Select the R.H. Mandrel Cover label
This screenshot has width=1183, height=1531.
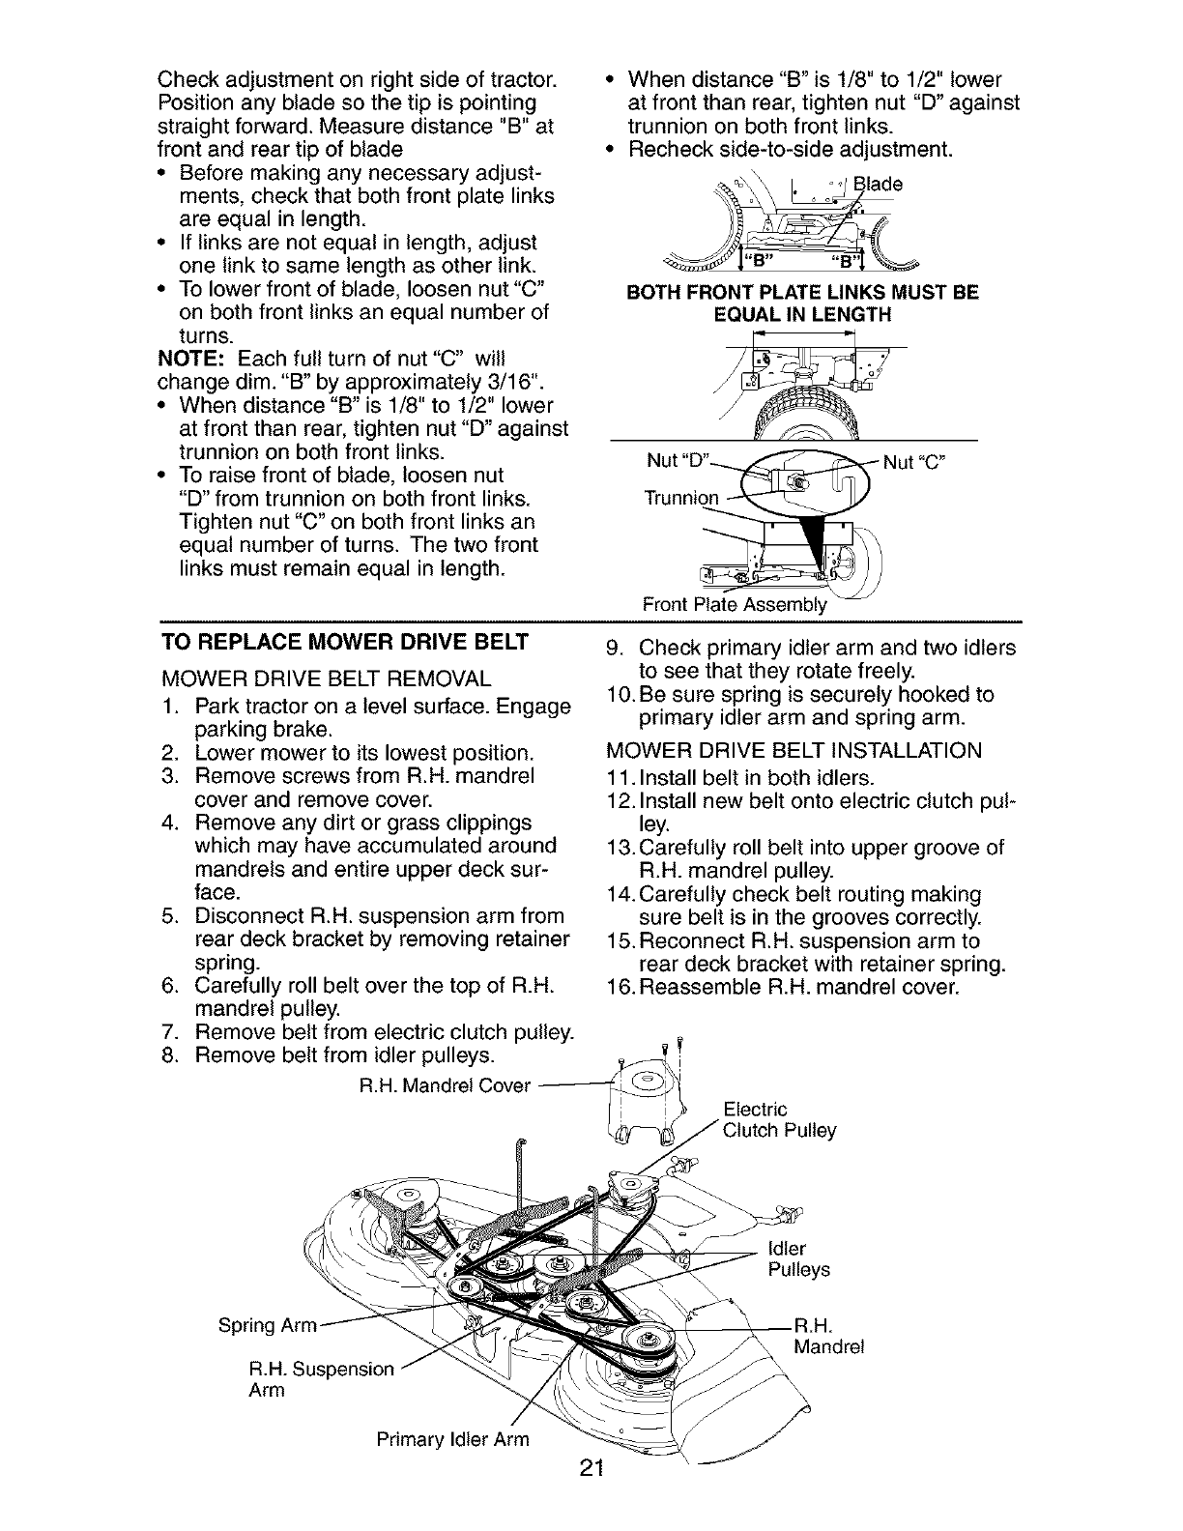[445, 1085]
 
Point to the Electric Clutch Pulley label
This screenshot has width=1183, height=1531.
[779, 1119]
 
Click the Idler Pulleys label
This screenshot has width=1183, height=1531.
[798, 1258]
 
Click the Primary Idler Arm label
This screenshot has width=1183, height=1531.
[452, 1439]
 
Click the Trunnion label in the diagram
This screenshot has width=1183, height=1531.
[681, 499]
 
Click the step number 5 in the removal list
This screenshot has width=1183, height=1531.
[167, 915]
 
